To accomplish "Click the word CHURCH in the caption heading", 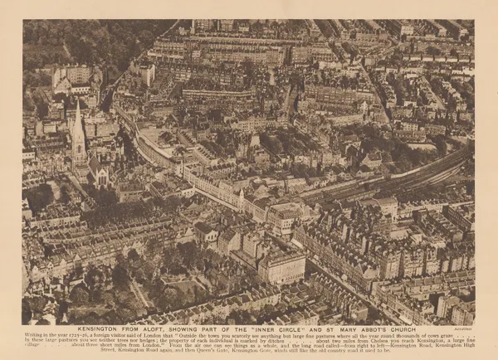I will [406, 329].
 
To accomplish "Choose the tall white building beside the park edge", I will [146, 75].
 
